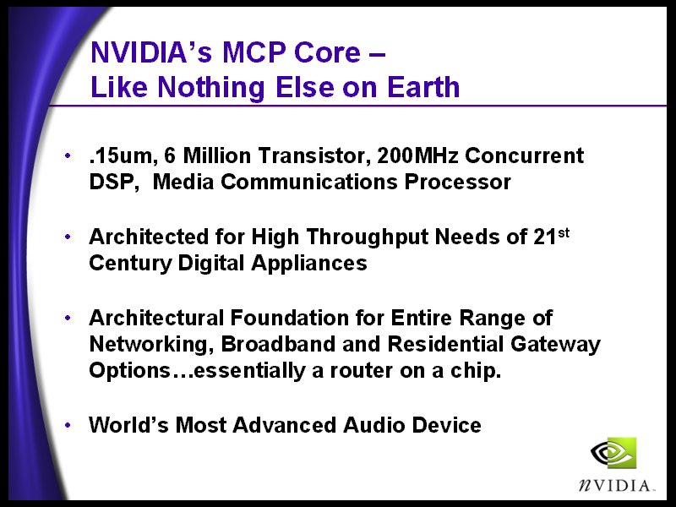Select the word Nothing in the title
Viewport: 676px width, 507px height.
(x=210, y=88)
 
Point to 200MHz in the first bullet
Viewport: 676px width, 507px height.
(x=417, y=155)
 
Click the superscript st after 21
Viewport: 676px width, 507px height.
(x=564, y=233)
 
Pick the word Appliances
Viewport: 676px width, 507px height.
(x=308, y=264)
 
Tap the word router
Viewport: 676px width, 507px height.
(x=361, y=371)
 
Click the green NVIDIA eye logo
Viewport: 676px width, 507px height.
(x=613, y=452)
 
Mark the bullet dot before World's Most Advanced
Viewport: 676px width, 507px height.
(x=68, y=426)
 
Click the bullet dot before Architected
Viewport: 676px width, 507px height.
(x=68, y=237)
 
